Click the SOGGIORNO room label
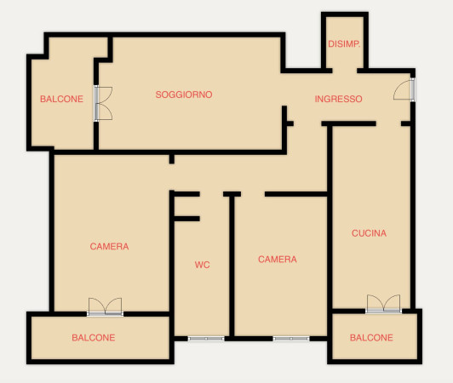coord(184,94)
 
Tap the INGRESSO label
coord(338,99)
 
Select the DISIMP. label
coord(344,44)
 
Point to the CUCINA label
coord(369,233)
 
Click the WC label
coord(203,265)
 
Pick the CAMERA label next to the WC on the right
coord(278,259)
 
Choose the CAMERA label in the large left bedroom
coord(109,246)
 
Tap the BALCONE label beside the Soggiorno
coord(61,99)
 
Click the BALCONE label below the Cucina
coord(371,337)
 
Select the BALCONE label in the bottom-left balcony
coord(94,337)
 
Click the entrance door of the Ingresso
coord(405,89)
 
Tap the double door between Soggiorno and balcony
coord(102,103)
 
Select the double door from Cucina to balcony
coord(384,304)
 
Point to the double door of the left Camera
coord(106,307)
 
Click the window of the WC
coord(206,339)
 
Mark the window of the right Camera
coord(291,339)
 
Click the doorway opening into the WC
coord(211,194)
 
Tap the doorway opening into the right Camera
coord(253,194)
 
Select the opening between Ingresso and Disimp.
coord(345,71)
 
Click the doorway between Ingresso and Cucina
coord(388,123)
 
